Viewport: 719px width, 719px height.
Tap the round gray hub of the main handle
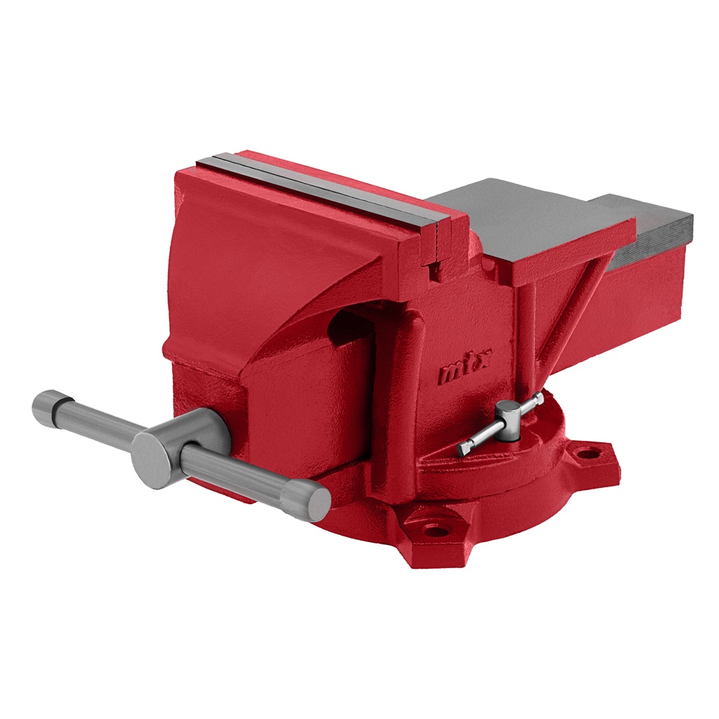click(x=159, y=459)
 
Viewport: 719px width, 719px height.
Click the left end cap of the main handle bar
click(x=46, y=407)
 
